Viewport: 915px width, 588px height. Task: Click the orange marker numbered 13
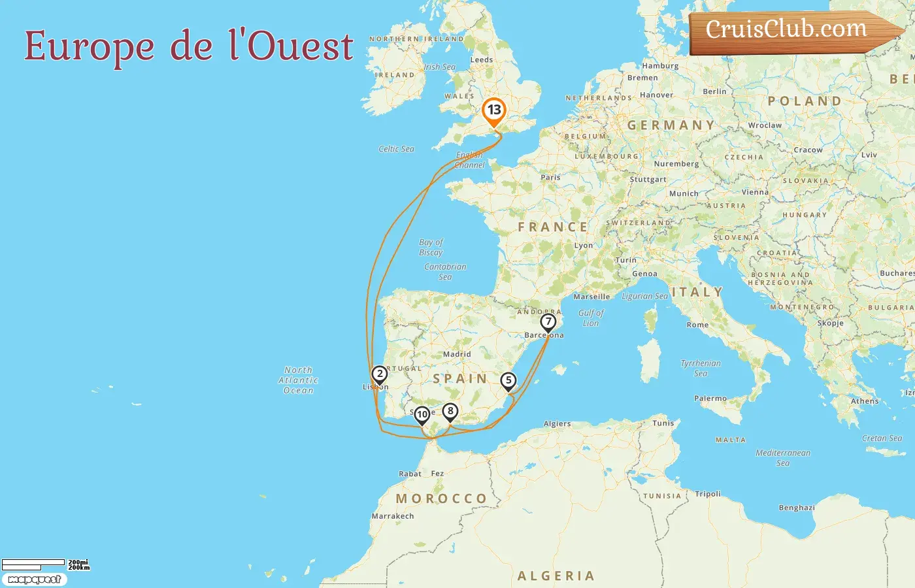click(494, 110)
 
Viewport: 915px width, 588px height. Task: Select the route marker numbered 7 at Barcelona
click(548, 322)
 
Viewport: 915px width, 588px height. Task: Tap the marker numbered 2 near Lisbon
click(379, 374)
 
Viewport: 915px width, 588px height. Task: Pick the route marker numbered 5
click(508, 380)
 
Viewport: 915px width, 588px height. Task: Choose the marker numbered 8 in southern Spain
click(450, 412)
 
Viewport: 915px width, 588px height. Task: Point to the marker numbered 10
click(422, 414)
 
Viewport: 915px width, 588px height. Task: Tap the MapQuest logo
click(34, 580)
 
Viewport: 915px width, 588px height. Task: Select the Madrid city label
click(457, 354)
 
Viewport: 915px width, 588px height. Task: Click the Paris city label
click(550, 177)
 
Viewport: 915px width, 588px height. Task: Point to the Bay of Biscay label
click(431, 247)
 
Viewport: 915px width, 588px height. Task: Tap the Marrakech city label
click(393, 516)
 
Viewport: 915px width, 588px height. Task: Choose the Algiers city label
click(557, 424)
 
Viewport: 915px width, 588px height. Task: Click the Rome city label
click(697, 325)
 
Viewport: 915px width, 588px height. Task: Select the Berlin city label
click(714, 91)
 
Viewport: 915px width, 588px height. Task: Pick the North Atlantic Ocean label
click(298, 380)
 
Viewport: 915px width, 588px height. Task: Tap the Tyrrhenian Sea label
click(701, 368)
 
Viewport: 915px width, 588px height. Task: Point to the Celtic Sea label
click(396, 149)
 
